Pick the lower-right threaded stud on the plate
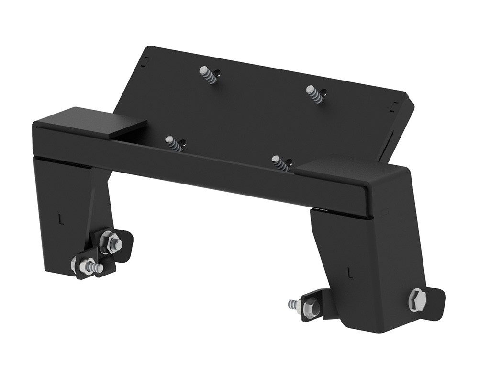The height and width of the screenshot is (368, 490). (x=280, y=163)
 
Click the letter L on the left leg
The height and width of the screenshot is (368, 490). (x=60, y=219)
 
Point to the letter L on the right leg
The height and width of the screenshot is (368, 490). (x=350, y=273)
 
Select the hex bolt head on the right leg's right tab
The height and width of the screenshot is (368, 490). (x=417, y=300)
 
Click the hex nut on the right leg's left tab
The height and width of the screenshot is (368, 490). (x=310, y=306)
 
